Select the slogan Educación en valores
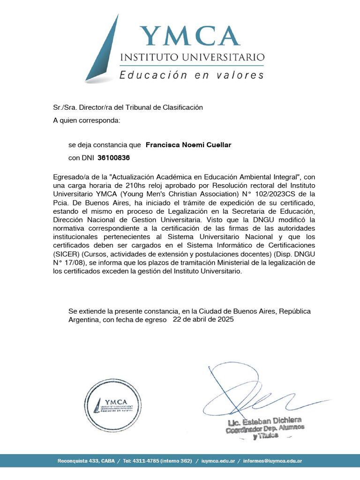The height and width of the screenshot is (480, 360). (x=191, y=75)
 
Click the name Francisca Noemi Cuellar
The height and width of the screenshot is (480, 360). (x=188, y=145)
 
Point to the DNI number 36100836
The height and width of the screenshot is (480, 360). (x=113, y=158)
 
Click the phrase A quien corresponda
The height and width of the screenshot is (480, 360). (x=87, y=120)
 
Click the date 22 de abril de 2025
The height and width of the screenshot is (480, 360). (x=203, y=320)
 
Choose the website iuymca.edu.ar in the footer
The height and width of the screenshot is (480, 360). (x=218, y=461)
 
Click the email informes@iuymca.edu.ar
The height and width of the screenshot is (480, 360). (x=273, y=461)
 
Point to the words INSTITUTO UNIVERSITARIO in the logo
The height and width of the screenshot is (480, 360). (x=192, y=58)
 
